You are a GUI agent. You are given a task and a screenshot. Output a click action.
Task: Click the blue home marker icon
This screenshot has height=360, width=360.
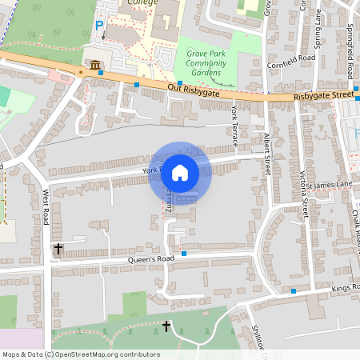(180, 173)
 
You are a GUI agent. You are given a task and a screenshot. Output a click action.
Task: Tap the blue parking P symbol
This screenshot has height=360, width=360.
(99, 26)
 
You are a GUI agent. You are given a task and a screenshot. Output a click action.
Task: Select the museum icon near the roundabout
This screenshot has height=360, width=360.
(95, 65)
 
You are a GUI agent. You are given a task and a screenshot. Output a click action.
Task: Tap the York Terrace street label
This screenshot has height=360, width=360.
(234, 126)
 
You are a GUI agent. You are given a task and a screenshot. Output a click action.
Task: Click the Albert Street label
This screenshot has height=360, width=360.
(267, 154)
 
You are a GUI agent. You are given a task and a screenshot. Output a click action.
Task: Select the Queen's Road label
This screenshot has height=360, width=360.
(151, 260)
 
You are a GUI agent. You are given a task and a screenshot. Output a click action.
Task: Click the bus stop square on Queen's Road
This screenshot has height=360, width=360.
(184, 254)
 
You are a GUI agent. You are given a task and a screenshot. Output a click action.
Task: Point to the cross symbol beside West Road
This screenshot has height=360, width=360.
(58, 249)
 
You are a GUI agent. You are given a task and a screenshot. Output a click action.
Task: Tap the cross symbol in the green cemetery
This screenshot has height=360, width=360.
(166, 326)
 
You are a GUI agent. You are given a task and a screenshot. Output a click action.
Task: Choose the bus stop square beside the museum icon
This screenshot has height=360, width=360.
(102, 73)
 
